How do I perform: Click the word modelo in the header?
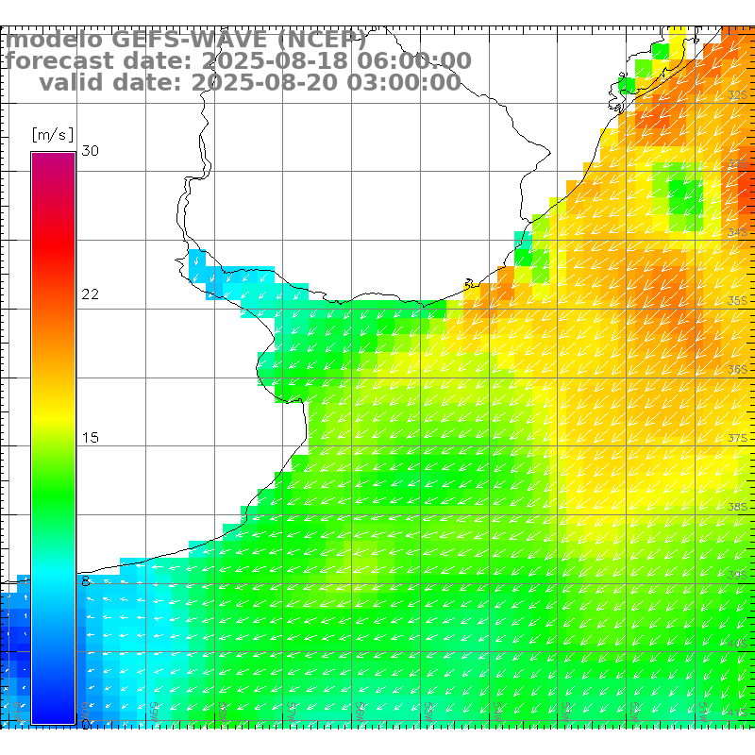(x=55, y=41)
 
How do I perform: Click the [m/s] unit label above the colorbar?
(x=52, y=134)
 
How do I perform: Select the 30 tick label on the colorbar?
(x=90, y=151)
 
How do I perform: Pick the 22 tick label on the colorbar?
(x=90, y=294)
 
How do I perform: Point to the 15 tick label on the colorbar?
(x=90, y=438)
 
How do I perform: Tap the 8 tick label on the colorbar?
(x=86, y=581)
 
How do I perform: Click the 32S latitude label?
(x=739, y=95)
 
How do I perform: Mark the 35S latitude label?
(x=739, y=301)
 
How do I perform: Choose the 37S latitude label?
(x=739, y=439)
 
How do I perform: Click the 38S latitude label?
(x=739, y=507)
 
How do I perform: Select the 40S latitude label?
(x=739, y=644)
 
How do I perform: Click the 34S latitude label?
(x=739, y=232)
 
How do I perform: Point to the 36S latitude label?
(x=739, y=370)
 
